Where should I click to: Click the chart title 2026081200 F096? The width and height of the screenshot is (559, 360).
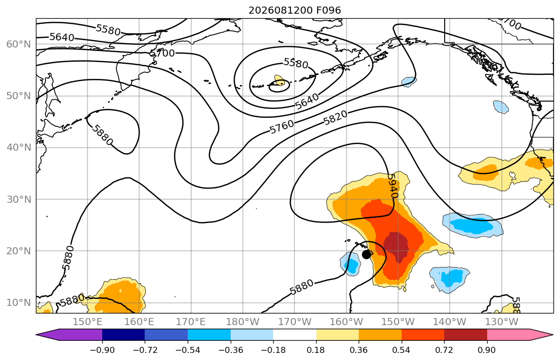[x=294, y=10]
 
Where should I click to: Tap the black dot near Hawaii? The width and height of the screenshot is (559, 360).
[x=366, y=254]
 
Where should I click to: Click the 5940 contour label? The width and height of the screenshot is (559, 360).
[x=392, y=186]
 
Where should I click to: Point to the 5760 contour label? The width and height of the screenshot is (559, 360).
[x=282, y=127]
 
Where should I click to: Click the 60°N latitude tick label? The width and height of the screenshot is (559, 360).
[x=19, y=44]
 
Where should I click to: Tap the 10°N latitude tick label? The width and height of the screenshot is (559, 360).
[x=19, y=303]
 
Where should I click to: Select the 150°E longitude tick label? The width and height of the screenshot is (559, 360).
[x=88, y=322]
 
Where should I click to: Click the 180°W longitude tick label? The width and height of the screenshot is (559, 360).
[x=243, y=322]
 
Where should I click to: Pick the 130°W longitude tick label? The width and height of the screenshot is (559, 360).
[x=502, y=322]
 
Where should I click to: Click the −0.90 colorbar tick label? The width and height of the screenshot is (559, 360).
[x=102, y=350]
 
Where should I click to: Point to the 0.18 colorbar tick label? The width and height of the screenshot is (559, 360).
[x=316, y=350]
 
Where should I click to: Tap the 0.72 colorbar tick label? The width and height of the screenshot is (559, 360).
[x=444, y=350]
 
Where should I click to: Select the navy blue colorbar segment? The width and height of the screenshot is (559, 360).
[x=123, y=335]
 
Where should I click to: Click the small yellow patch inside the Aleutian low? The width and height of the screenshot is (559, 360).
[x=279, y=80]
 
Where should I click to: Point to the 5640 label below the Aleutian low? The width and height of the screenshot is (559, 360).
[x=307, y=102]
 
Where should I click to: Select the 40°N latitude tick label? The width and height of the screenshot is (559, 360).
[x=19, y=148]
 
